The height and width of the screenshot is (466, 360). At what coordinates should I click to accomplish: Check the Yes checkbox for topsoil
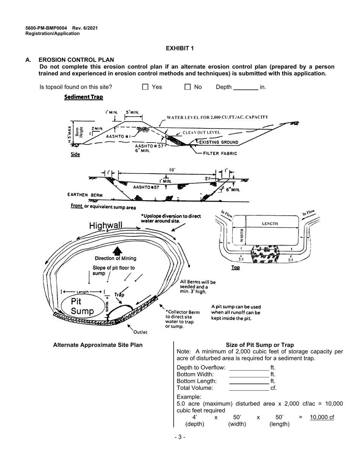pyautogui.click(x=145, y=87)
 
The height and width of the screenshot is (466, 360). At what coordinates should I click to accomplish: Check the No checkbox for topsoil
pyautogui.click(x=188, y=87)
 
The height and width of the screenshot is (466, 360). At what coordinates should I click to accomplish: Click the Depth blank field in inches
pyautogui.click(x=245, y=87)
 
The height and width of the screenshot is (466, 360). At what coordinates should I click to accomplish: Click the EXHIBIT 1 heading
pyautogui.click(x=180, y=48)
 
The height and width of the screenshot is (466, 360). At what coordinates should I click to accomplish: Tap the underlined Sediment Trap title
pyautogui.click(x=83, y=97)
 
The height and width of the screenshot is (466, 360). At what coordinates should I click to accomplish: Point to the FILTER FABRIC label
pyautogui.click(x=220, y=153)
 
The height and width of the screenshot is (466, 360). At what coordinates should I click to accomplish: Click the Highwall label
pyautogui.click(x=106, y=226)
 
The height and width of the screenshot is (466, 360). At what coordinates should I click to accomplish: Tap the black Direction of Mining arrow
pyautogui.click(x=117, y=250)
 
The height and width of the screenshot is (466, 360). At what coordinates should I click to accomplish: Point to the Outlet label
pyautogui.click(x=140, y=332)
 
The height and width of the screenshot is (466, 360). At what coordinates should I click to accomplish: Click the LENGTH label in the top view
pyautogui.click(x=270, y=224)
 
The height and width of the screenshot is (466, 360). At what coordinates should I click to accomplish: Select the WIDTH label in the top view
pyautogui.click(x=242, y=236)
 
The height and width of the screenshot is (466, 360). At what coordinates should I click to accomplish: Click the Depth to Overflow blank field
pyautogui.click(x=249, y=367)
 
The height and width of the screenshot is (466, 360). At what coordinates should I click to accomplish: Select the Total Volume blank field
pyautogui.click(x=249, y=388)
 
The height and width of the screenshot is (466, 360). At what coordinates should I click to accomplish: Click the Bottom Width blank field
pyautogui.click(x=249, y=374)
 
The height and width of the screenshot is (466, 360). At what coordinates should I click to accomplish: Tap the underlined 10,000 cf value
pyautogui.click(x=322, y=417)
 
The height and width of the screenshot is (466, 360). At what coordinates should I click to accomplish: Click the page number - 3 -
pyautogui.click(x=180, y=437)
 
